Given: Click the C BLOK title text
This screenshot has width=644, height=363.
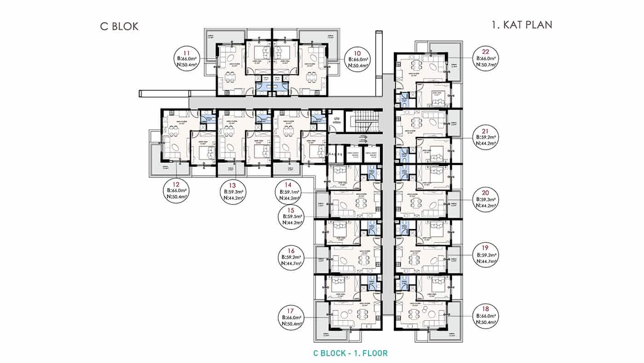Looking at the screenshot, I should click(119, 26).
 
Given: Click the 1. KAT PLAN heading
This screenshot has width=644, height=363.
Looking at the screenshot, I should click(522, 24).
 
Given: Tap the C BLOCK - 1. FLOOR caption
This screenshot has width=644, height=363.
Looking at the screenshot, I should click(350, 353).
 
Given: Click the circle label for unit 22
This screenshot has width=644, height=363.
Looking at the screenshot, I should click(486, 59).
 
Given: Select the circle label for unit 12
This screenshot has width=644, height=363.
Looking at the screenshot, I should click(178, 190).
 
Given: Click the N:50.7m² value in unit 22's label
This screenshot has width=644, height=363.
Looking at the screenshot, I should click(486, 65).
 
